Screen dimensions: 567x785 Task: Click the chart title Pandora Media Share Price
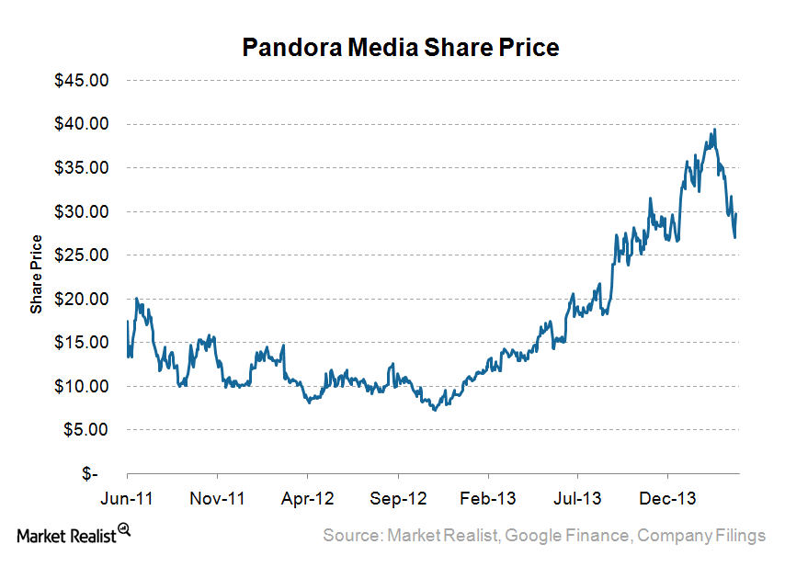click(x=400, y=48)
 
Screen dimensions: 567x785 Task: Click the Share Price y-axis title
click(x=36, y=274)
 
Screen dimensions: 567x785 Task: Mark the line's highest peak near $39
click(x=714, y=130)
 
